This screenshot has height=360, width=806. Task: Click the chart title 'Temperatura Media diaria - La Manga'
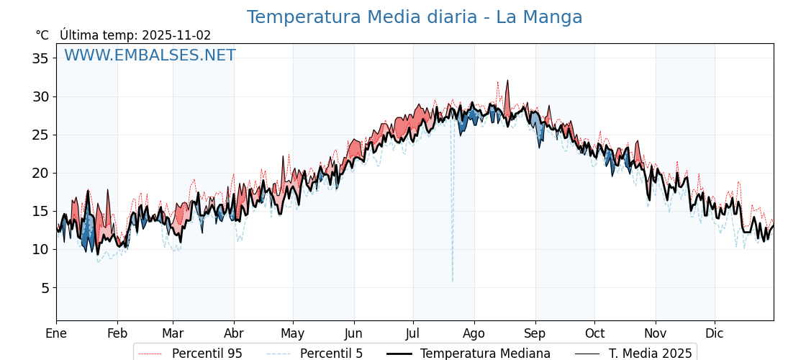415,17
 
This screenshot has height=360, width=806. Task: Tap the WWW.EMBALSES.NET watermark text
150,55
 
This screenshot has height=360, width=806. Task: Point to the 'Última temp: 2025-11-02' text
135,35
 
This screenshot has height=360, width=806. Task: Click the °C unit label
42,35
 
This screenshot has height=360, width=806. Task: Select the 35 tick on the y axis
40,58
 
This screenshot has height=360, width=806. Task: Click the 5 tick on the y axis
44,288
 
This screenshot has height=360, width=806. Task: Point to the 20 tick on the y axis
40,173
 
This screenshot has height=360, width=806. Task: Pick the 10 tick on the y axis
40,250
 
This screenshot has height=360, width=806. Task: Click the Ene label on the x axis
56,333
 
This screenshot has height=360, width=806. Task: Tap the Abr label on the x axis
234,333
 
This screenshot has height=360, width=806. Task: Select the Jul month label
413,333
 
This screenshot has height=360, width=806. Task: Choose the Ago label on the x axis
474,333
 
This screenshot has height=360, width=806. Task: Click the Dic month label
715,333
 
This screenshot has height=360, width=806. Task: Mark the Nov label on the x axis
656,333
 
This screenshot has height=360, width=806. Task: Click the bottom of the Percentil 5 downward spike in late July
453,282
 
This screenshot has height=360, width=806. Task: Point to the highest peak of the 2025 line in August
507,81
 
